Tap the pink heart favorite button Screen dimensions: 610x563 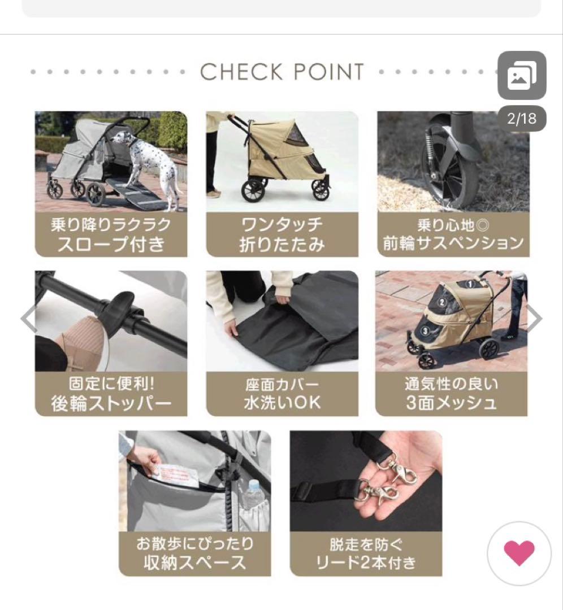519,553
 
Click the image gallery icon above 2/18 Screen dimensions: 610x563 521,76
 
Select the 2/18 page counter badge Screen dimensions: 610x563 521,119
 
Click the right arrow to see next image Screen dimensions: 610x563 534,319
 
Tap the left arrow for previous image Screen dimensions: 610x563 29,319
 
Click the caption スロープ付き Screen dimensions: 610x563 111,245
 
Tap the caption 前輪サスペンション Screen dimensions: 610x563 453,243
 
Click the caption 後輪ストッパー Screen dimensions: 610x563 111,404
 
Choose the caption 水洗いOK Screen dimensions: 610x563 282,403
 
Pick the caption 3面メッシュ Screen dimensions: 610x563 452,403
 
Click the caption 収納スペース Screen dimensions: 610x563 195,563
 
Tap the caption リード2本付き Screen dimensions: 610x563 366,563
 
